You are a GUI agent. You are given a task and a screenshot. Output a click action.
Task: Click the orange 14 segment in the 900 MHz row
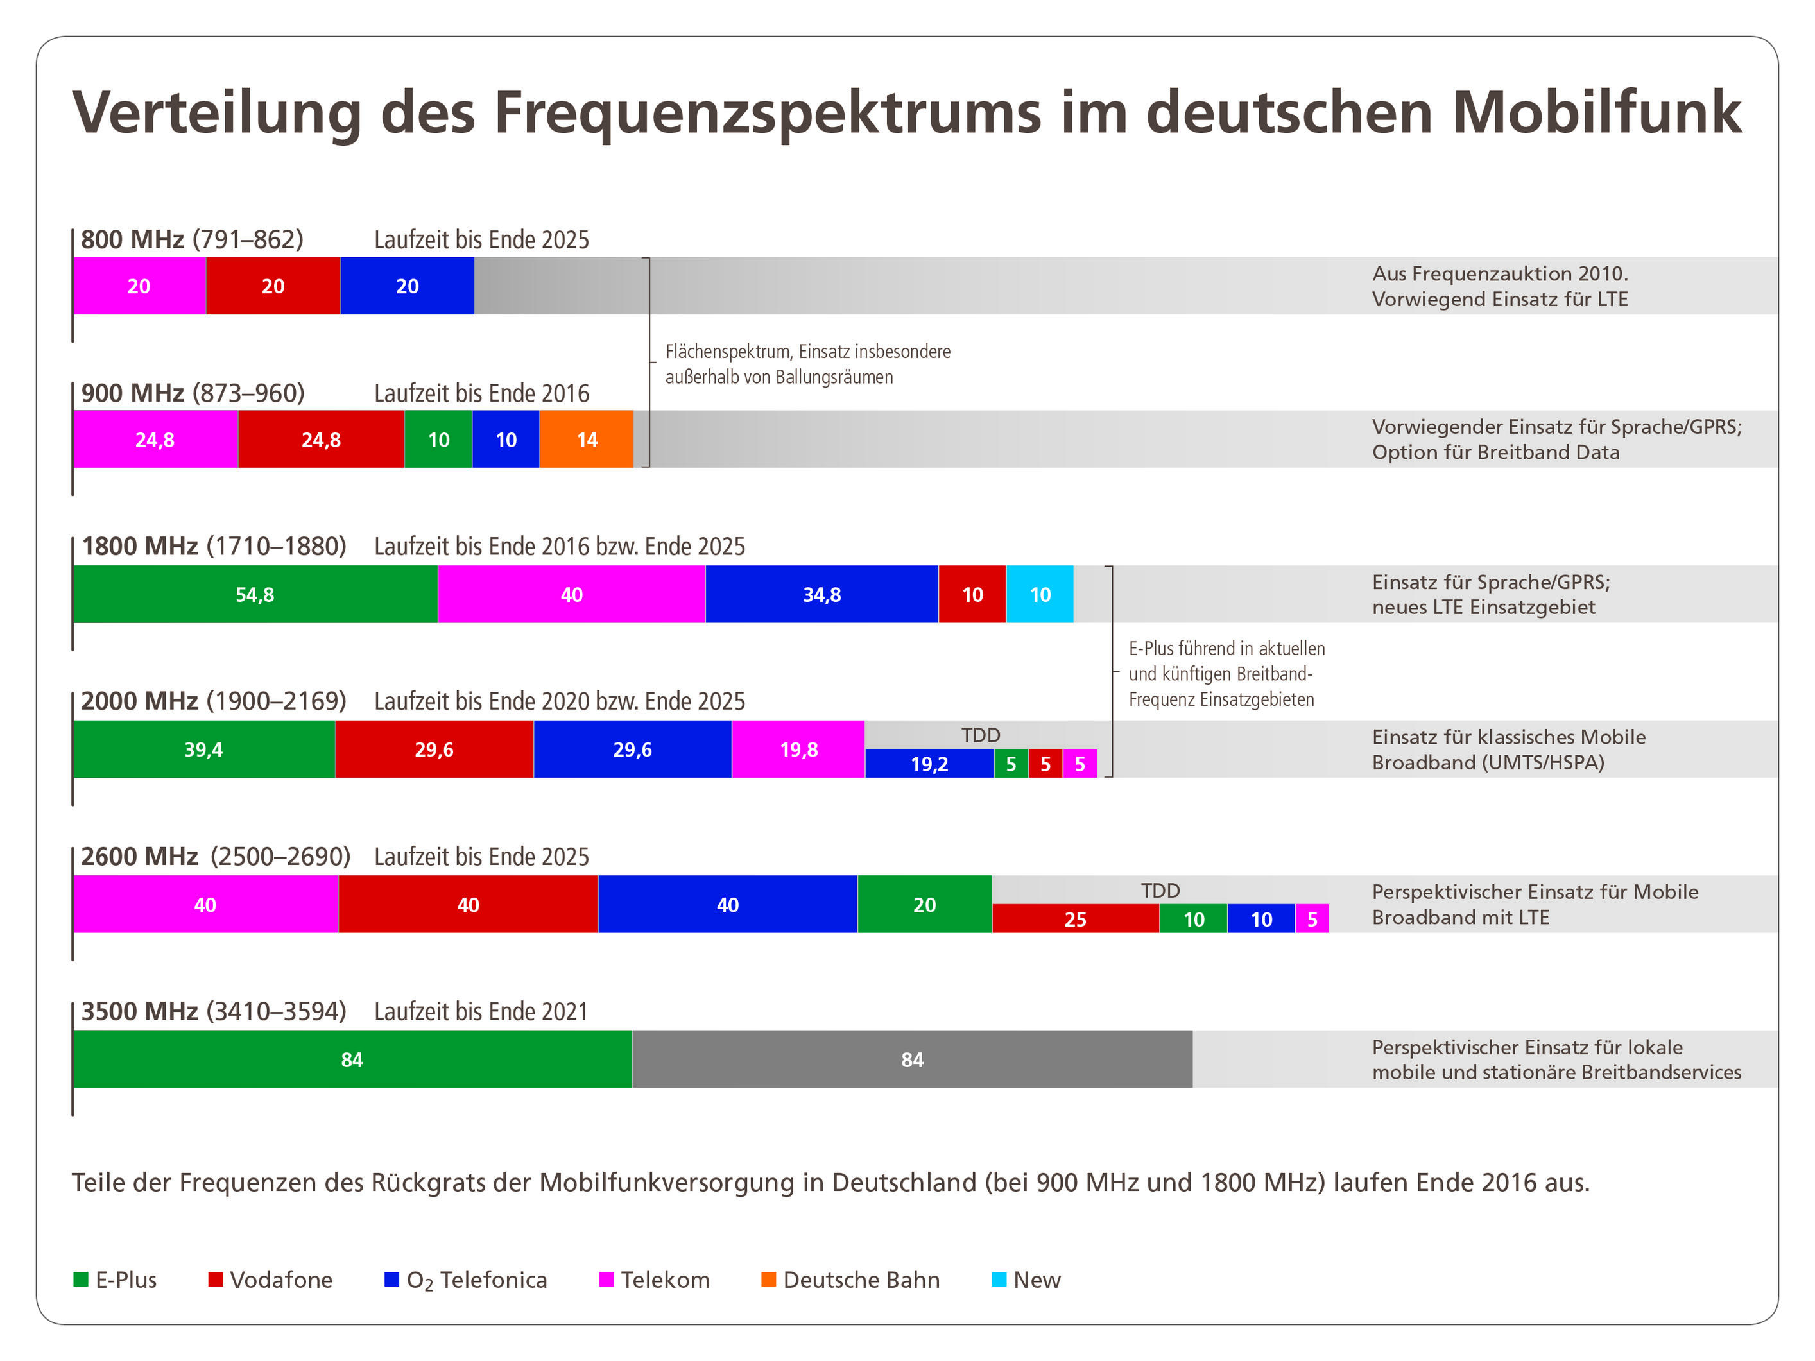pyautogui.click(x=586, y=439)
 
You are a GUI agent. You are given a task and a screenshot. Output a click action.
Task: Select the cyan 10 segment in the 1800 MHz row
pyautogui.click(x=1040, y=594)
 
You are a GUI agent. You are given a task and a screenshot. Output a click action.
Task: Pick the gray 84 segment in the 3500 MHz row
pyautogui.click(x=911, y=1059)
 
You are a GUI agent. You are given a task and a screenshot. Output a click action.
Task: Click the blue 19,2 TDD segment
pyautogui.click(x=929, y=764)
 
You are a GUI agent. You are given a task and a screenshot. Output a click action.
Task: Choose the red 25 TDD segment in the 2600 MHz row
pyautogui.click(x=1075, y=919)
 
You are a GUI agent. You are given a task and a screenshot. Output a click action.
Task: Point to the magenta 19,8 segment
pyautogui.click(x=798, y=749)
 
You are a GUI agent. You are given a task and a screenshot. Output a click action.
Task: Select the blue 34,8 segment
pyautogui.click(x=821, y=594)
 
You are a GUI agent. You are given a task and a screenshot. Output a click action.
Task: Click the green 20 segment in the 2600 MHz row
pyautogui.click(x=924, y=904)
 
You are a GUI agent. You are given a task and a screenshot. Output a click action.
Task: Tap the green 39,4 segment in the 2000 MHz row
pyautogui.click(x=203, y=749)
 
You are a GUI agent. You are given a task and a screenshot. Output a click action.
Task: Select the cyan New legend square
pyautogui.click(x=999, y=1280)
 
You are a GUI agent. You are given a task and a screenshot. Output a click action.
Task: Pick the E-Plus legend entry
pyautogui.click(x=115, y=1280)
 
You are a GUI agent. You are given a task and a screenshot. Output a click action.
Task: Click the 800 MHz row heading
pyautogui.click(x=192, y=239)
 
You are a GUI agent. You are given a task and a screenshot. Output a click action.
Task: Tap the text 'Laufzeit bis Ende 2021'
pyautogui.click(x=481, y=1011)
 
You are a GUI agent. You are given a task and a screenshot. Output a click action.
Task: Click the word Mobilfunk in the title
pyautogui.click(x=1597, y=112)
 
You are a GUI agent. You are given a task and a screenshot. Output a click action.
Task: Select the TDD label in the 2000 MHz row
pyautogui.click(x=981, y=735)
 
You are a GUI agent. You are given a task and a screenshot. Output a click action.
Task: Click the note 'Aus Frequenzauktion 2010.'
pyautogui.click(x=1500, y=273)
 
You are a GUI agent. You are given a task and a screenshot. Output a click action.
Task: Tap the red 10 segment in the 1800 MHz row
pyautogui.click(x=972, y=594)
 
